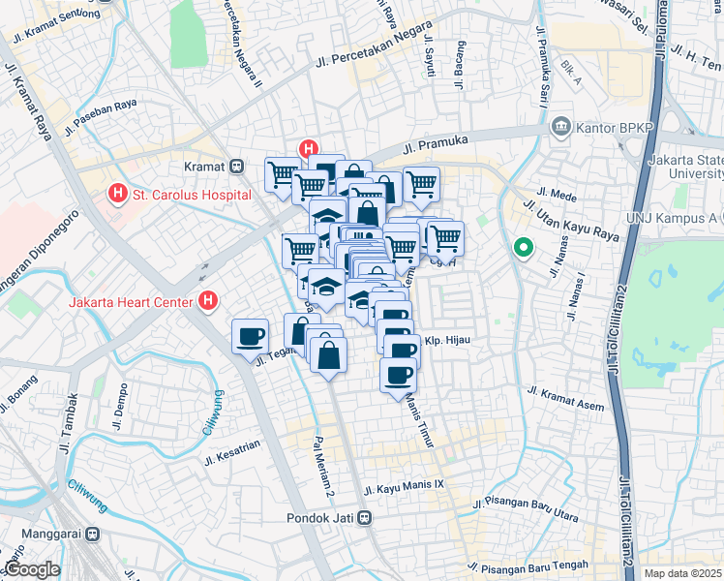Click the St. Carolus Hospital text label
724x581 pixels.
coord(191,194)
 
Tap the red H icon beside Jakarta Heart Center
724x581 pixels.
coord(207,302)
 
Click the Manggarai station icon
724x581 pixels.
coord(92,534)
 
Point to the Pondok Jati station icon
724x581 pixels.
coord(365,517)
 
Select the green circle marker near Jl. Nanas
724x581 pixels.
coord(524,249)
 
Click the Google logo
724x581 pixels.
coord(31,569)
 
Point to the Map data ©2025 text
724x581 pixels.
coord(682,573)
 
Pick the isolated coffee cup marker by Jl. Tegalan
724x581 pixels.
coord(250,335)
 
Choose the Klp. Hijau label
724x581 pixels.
coord(447,341)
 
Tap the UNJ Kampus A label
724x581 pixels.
coord(673,217)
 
